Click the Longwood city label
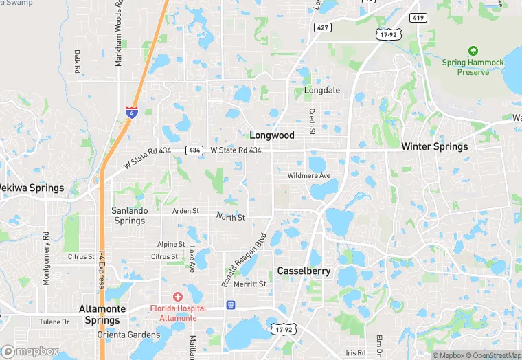point(272,135)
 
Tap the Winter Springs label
point(434,146)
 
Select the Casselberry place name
point(304,271)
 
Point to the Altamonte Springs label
point(102,315)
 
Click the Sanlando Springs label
point(129,216)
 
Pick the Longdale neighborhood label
point(322,90)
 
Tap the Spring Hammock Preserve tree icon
point(473,51)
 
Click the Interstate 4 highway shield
point(130,112)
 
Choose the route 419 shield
point(417,17)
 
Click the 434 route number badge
point(193,150)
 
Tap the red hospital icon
point(178,297)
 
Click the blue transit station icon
point(230,304)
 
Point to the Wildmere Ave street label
point(309,176)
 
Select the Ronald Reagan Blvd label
point(244,264)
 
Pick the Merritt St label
point(249,284)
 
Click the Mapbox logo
point(30,351)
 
